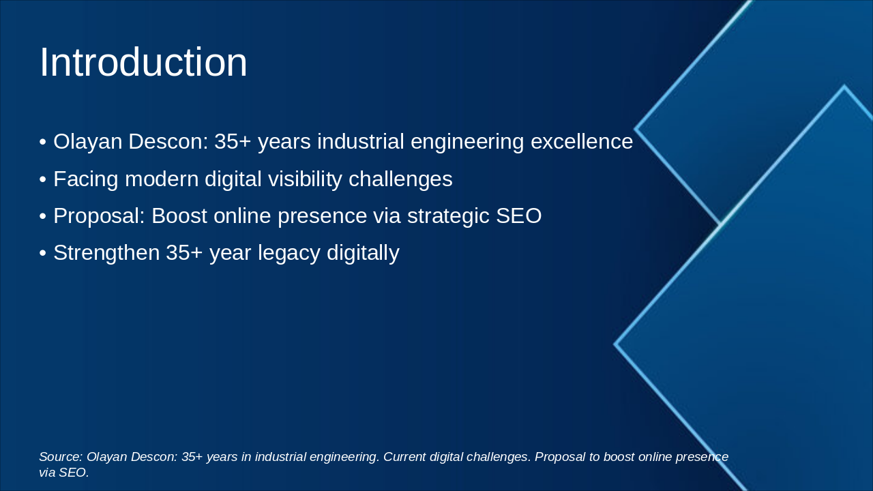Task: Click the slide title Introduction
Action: click(143, 62)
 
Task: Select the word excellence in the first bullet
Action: click(582, 141)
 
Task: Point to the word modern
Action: click(162, 179)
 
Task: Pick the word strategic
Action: click(448, 217)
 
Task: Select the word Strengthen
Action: click(106, 253)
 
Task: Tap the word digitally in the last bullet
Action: click(363, 253)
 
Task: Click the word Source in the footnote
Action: click(61, 457)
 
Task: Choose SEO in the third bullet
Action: click(519, 216)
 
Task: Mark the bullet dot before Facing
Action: click(43, 180)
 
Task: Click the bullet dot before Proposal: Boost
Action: click(43, 217)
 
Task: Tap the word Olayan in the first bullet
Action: click(88, 143)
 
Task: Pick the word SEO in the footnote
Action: click(74, 473)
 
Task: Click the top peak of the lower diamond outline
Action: click(844, 86)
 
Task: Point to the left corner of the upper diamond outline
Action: click(635, 128)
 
